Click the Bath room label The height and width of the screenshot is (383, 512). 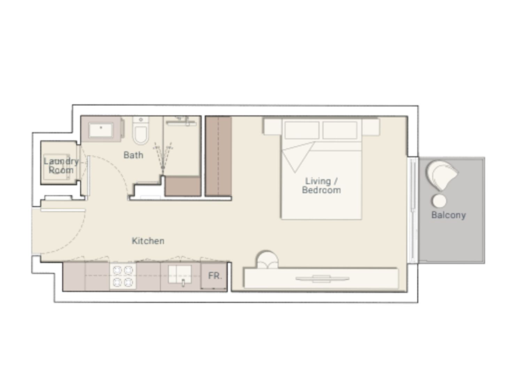click(x=133, y=155)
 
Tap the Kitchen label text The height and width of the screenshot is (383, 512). click(x=148, y=241)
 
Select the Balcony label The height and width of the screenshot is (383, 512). click(x=449, y=215)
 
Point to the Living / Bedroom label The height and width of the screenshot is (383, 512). click(x=321, y=186)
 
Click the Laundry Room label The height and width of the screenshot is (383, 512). click(x=61, y=166)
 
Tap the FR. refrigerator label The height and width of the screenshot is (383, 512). click(x=215, y=276)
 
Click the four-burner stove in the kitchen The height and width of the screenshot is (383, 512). click(x=123, y=276)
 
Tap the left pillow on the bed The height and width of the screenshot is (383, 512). click(x=302, y=130)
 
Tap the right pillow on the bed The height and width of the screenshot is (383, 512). click(x=340, y=130)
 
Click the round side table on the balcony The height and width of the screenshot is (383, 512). click(x=440, y=201)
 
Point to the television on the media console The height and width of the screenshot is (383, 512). click(x=322, y=278)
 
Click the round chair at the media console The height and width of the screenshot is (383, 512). click(x=267, y=259)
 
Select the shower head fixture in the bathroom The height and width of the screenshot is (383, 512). click(x=163, y=169)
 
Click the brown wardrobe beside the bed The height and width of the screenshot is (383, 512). click(x=218, y=156)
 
